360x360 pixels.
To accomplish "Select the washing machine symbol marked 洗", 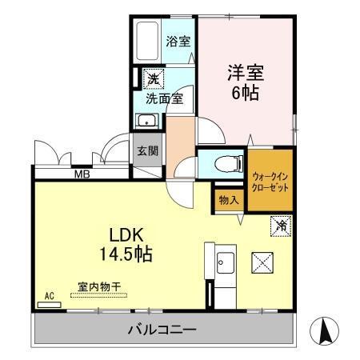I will pos(152,79).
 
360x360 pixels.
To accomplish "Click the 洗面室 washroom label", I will pos(164,99).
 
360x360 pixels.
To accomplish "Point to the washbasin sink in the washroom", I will pos(146,122).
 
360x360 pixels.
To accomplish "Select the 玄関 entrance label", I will pos(146,151).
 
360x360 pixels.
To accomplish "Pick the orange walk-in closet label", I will pos(270,181).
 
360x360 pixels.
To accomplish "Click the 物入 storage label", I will pos(228,200).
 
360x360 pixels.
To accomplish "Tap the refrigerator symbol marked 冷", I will pos(282,227).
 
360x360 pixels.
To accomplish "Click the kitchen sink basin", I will pos(223,262).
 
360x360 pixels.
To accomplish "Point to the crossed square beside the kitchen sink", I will pos(263,262).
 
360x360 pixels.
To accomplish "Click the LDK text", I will pos(126,236).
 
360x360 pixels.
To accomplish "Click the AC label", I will pos(50,297).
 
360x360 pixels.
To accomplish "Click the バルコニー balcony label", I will pos(162,330).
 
